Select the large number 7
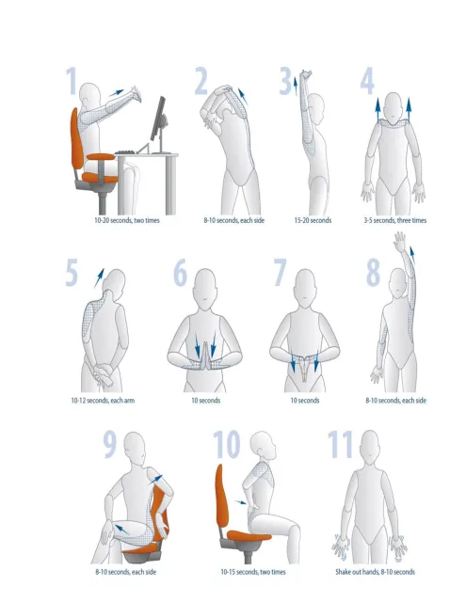279,272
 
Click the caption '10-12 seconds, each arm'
104,401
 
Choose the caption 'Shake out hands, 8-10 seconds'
375,572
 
